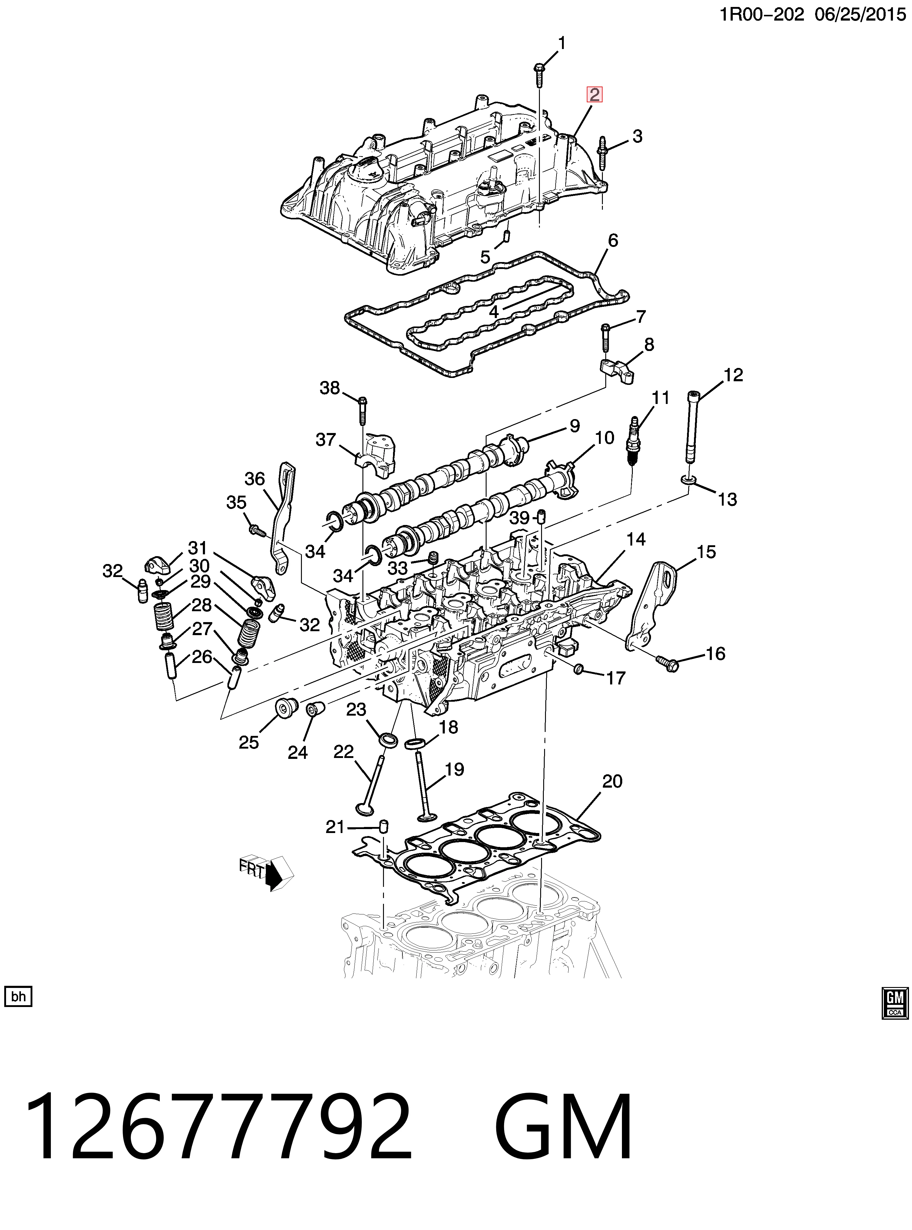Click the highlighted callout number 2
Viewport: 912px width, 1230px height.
click(x=594, y=95)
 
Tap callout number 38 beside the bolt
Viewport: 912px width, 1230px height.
click(x=330, y=388)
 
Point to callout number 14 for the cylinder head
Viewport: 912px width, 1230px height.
click(x=636, y=540)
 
